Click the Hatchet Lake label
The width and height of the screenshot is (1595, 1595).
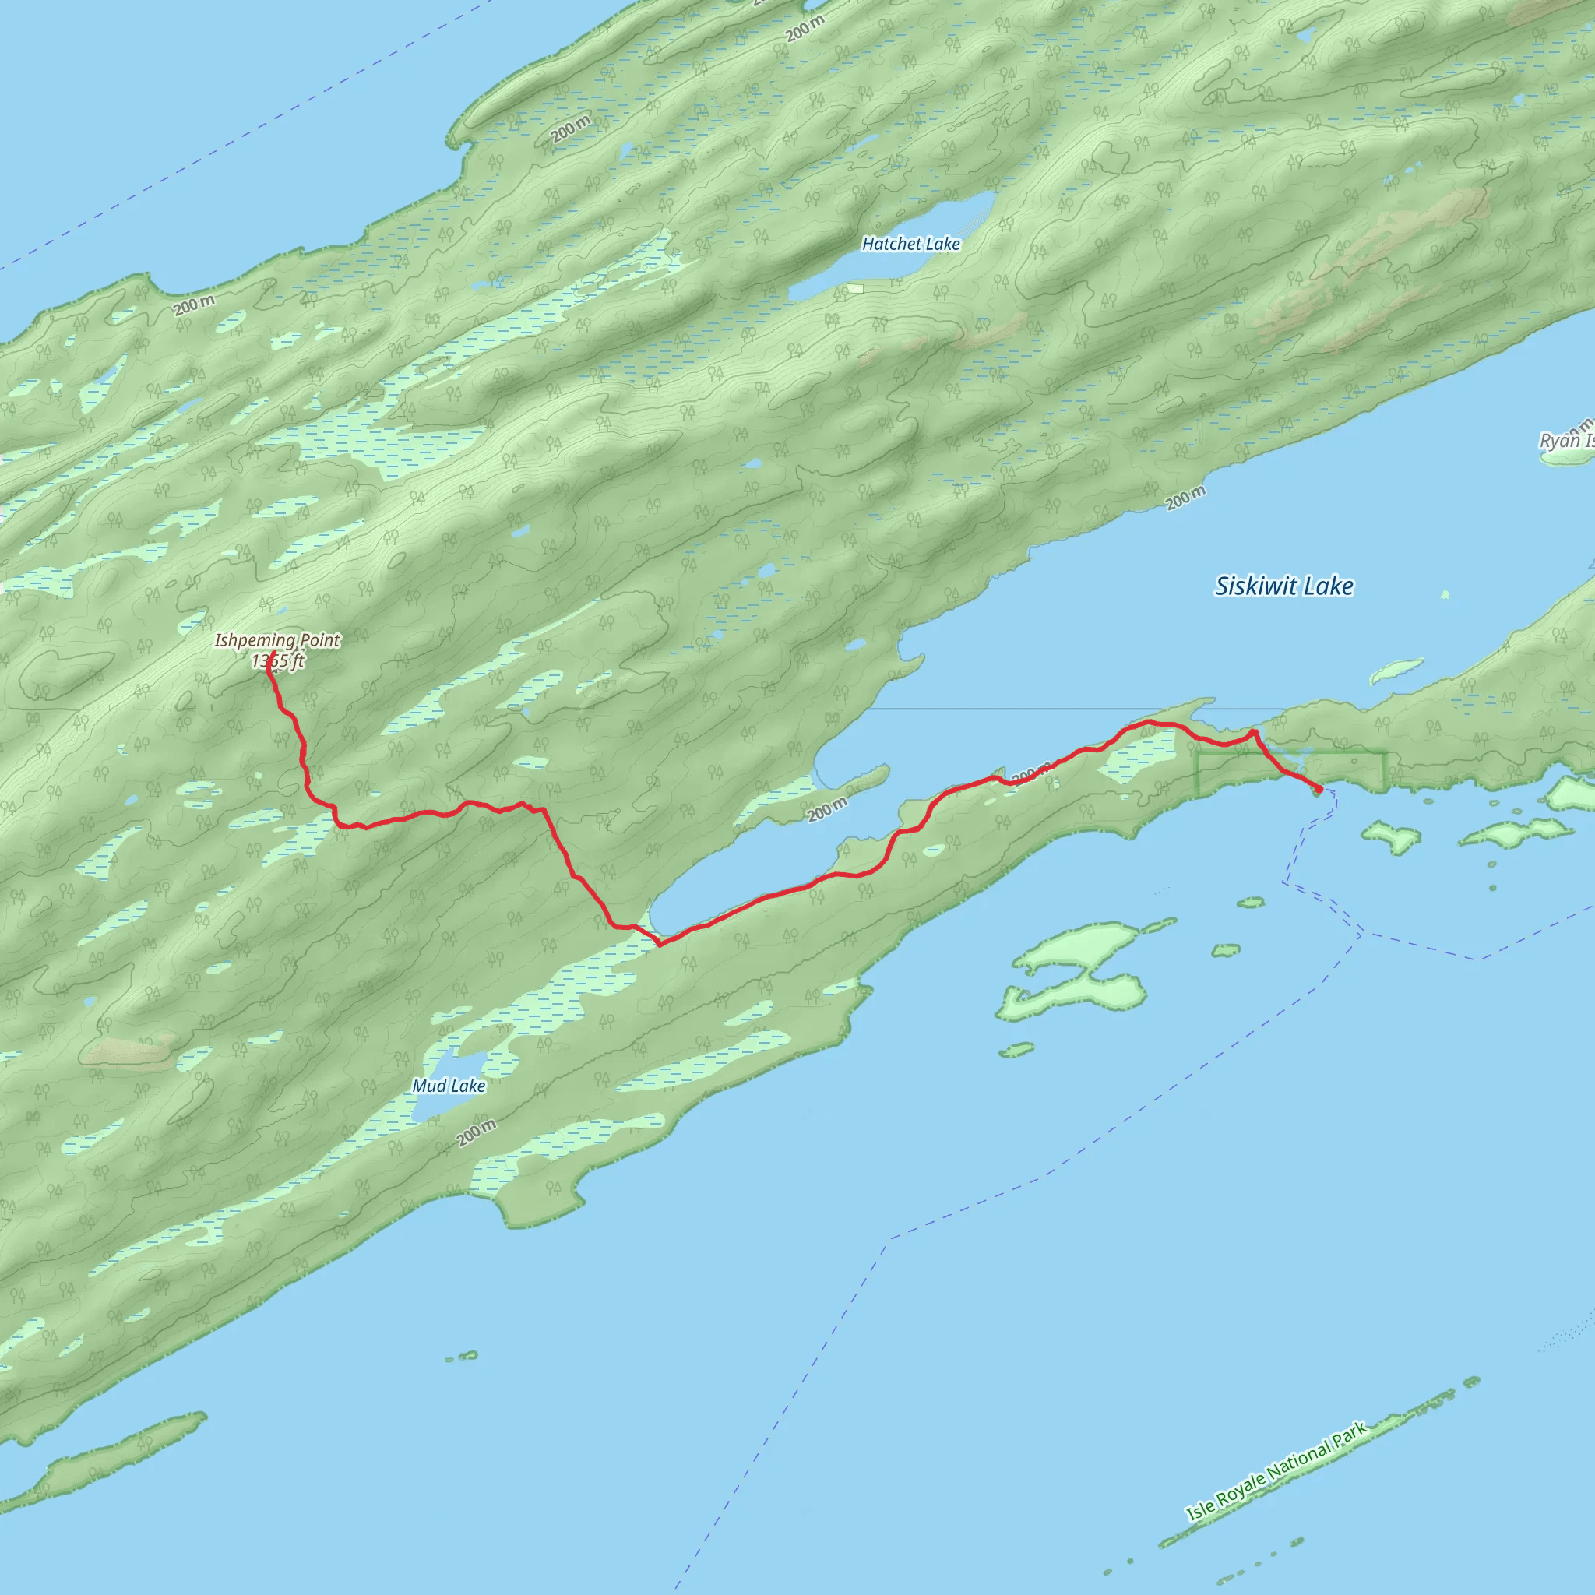[x=910, y=244]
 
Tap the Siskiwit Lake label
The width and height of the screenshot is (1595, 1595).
[x=1283, y=586]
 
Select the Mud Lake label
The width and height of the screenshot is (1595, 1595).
[x=449, y=1086]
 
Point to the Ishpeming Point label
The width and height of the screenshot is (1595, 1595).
[x=277, y=640]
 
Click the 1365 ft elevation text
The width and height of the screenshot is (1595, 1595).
[x=277, y=660]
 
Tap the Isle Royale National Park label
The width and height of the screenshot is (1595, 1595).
[x=1276, y=1470]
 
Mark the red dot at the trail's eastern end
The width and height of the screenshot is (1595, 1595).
[x=1319, y=789]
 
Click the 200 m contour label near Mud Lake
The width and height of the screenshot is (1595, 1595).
[x=477, y=1132]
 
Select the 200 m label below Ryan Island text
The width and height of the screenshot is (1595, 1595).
[x=1185, y=498]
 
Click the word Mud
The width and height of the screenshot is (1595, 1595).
[x=429, y=1086]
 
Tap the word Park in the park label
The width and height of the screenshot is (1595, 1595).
[x=1348, y=1435]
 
